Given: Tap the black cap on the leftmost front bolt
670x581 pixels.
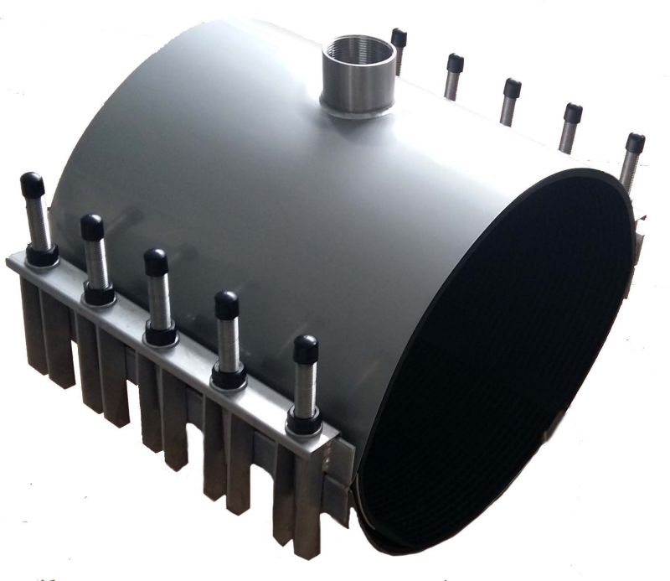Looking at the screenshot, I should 33,184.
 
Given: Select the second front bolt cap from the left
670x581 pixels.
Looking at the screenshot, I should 92,226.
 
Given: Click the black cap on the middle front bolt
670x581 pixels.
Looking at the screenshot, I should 156,262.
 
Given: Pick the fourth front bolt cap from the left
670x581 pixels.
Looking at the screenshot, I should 226,303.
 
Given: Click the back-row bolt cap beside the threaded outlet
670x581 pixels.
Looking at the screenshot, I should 399,38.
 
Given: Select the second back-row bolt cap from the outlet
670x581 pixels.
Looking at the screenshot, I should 455,63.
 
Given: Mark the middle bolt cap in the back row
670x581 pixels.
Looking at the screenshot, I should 512,87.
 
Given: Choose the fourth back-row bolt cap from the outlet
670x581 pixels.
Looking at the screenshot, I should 573,112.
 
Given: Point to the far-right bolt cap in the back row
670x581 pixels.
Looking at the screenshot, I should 635,143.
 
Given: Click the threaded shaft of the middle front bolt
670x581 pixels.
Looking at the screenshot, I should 160,298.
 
